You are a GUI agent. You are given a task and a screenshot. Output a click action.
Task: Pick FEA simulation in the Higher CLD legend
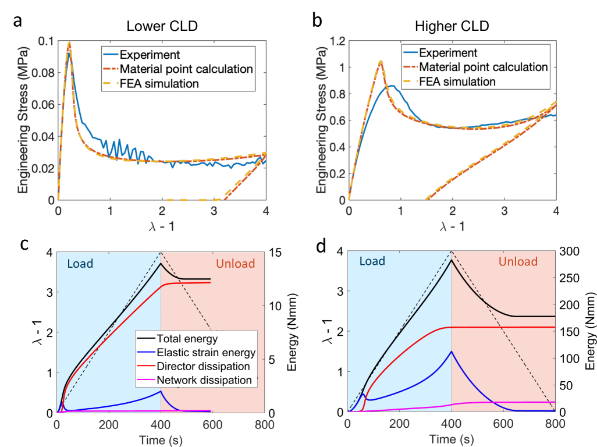click(x=458, y=81)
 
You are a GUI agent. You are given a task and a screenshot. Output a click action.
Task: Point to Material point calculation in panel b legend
click(x=483, y=67)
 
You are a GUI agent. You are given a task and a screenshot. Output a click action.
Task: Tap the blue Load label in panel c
click(x=80, y=264)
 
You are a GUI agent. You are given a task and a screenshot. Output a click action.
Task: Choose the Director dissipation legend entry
click(x=202, y=366)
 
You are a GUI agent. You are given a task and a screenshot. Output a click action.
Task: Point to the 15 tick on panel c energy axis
click(x=275, y=252)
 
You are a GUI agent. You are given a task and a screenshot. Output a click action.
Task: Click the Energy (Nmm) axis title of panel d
click(x=589, y=332)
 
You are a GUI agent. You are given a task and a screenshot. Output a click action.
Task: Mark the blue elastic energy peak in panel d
click(x=452, y=352)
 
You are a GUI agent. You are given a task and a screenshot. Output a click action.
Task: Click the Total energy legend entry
click(x=184, y=338)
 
